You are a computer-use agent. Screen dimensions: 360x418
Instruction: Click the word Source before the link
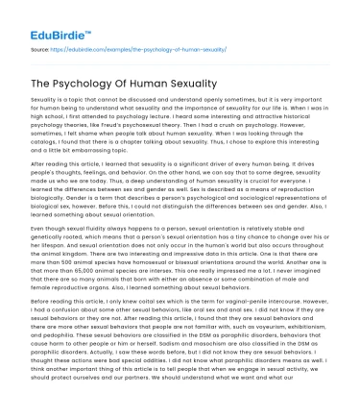pos(39,46)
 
